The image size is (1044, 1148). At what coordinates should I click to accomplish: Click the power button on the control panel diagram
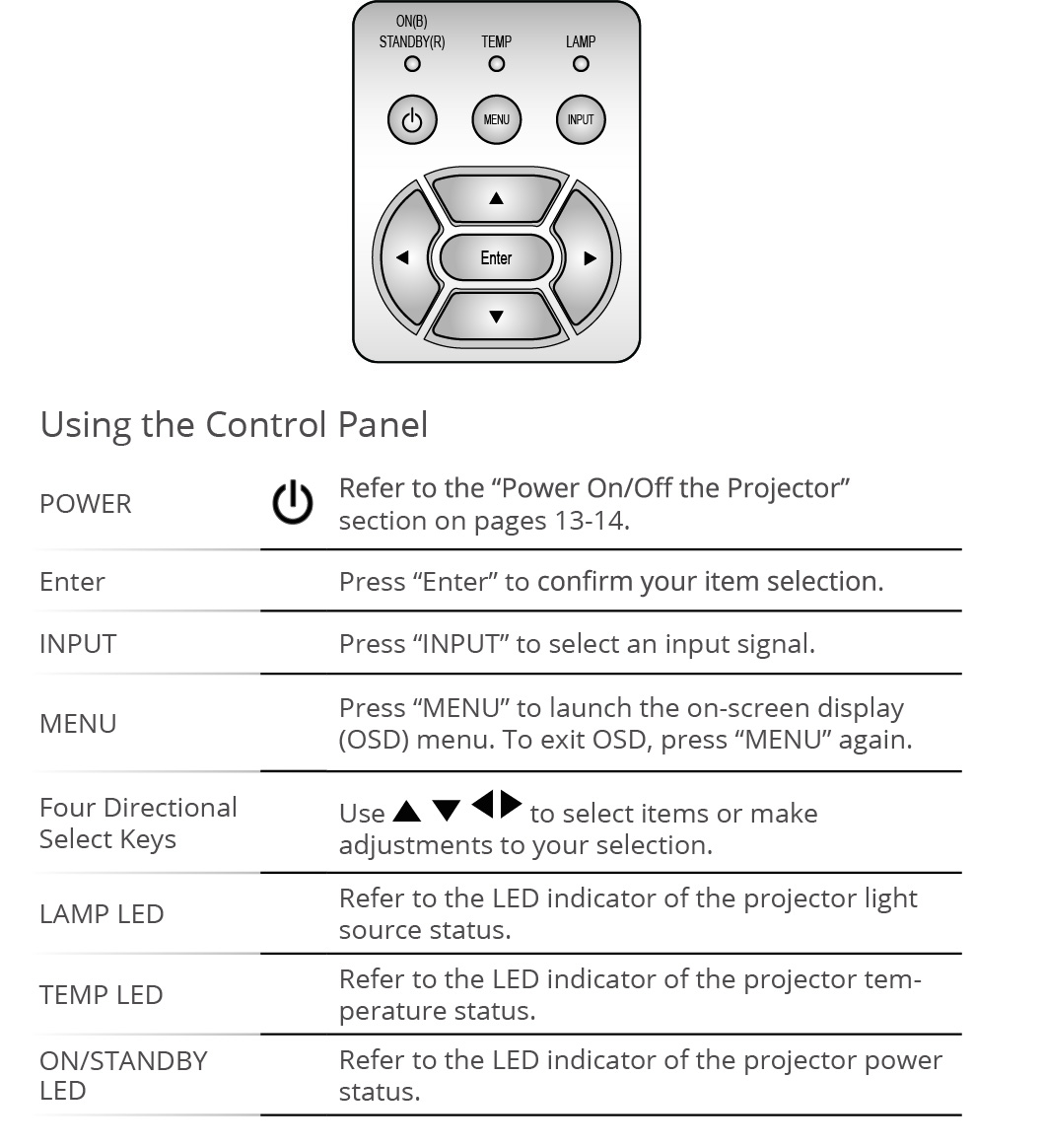click(x=412, y=120)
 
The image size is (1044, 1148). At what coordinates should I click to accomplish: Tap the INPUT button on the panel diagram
click(x=581, y=120)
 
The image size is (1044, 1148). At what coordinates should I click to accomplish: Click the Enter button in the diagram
click(x=496, y=258)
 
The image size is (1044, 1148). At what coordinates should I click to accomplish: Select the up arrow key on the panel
click(x=496, y=197)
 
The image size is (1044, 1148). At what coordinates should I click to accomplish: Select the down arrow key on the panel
click(x=496, y=317)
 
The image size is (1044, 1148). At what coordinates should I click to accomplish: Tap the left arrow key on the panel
click(x=402, y=258)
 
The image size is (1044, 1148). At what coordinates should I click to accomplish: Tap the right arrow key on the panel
click(x=590, y=258)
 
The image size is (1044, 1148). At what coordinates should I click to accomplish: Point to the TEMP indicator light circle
click(x=497, y=64)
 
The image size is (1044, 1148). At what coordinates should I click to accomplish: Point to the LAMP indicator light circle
click(x=581, y=64)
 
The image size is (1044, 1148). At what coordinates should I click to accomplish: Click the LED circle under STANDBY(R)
click(x=412, y=64)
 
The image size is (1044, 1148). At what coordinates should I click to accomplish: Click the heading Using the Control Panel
click(x=234, y=425)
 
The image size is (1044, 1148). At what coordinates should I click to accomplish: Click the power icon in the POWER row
click(x=293, y=503)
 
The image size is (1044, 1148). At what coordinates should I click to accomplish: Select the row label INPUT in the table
click(x=78, y=644)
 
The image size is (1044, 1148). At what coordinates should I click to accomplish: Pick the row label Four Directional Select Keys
click(x=138, y=823)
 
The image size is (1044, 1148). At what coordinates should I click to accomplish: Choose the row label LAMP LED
click(x=102, y=914)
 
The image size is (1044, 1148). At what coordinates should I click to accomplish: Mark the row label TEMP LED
click(x=102, y=995)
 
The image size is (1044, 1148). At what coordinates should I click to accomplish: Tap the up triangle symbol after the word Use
click(x=407, y=812)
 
